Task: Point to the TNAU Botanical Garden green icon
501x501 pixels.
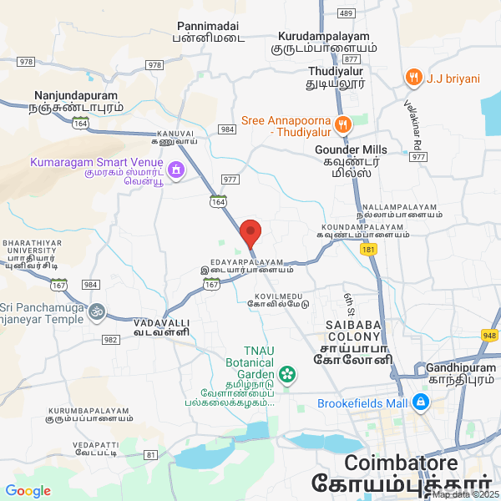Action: click(288, 373)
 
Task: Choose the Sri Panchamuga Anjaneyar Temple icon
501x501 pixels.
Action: click(98, 311)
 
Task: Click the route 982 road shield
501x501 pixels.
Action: click(110, 339)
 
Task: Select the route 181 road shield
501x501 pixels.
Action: click(369, 249)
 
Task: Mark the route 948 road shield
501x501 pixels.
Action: click(490, 336)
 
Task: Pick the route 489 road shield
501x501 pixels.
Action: click(346, 13)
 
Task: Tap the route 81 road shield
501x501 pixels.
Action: click(150, 454)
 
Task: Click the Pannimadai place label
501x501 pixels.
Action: click(209, 31)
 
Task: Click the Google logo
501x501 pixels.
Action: click(28, 491)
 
